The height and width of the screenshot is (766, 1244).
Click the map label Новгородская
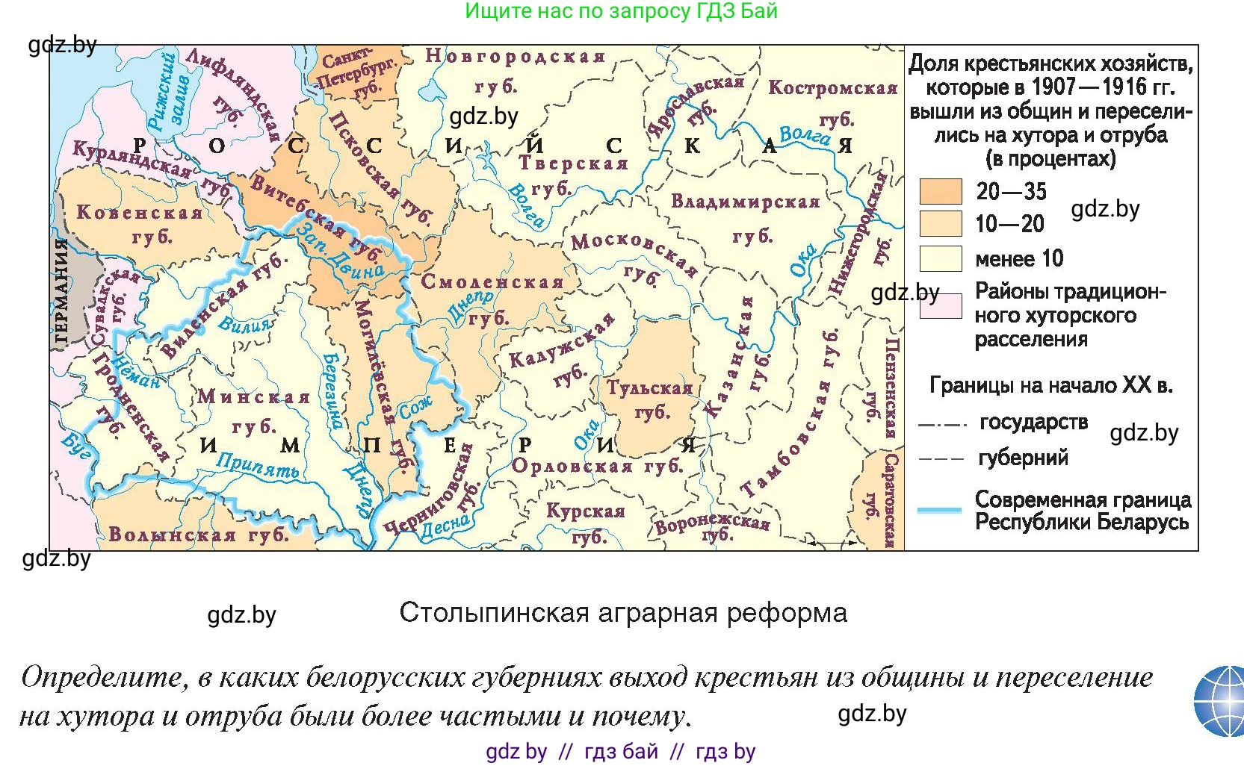515,57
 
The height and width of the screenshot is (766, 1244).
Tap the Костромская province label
832,88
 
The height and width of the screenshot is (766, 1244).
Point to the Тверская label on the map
573,164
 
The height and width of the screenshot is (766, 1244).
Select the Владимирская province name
745,202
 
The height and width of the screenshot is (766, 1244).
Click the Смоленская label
492,282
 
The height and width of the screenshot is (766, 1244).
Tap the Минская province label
254,396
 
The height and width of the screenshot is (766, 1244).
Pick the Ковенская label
140,213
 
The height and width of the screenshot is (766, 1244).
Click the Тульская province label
649,388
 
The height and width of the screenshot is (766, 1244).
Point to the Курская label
585,511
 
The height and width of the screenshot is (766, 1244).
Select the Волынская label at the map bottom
172,535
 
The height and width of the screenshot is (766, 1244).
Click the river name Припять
257,466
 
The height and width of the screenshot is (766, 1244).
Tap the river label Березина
332,389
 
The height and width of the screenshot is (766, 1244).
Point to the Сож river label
415,407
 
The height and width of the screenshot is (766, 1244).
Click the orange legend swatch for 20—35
940,192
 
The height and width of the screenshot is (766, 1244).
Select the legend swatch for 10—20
940,224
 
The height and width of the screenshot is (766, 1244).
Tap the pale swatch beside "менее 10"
940,258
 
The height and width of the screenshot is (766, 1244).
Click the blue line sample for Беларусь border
939,510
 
